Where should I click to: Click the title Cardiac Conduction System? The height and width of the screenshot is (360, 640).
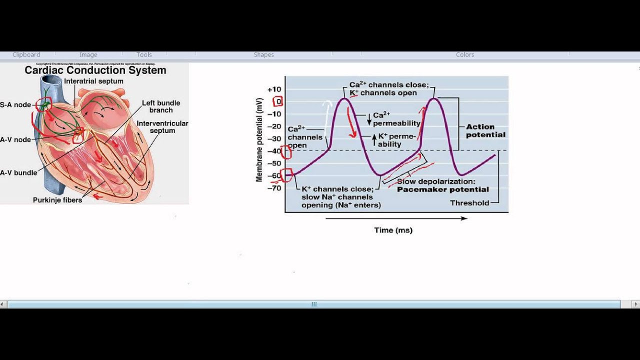point(95,70)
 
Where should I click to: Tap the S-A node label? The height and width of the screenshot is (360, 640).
point(15,105)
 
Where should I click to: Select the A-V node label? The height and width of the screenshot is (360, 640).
point(15,139)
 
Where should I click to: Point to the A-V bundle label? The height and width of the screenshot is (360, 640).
point(18,173)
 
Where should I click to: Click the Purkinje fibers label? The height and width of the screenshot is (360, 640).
point(57,200)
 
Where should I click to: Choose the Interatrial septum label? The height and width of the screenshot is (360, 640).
point(93,81)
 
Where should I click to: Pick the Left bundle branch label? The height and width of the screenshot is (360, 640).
point(160,106)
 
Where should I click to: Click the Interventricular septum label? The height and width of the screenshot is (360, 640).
point(162,127)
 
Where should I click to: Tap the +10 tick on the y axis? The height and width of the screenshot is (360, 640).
point(274,89)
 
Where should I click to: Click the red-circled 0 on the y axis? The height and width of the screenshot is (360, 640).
point(278,101)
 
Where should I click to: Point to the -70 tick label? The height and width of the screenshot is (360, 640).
point(274,188)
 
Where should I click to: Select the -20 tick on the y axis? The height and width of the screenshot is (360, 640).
point(274,126)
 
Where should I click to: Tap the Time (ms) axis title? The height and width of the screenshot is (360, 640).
point(393,230)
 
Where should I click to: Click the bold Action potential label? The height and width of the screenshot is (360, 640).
point(485,130)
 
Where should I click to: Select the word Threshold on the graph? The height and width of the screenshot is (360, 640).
point(469,203)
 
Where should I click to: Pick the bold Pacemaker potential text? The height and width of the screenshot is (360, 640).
point(443,189)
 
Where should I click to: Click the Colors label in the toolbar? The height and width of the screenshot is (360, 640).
point(465,55)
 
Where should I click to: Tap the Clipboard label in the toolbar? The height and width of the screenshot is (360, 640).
point(26,55)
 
